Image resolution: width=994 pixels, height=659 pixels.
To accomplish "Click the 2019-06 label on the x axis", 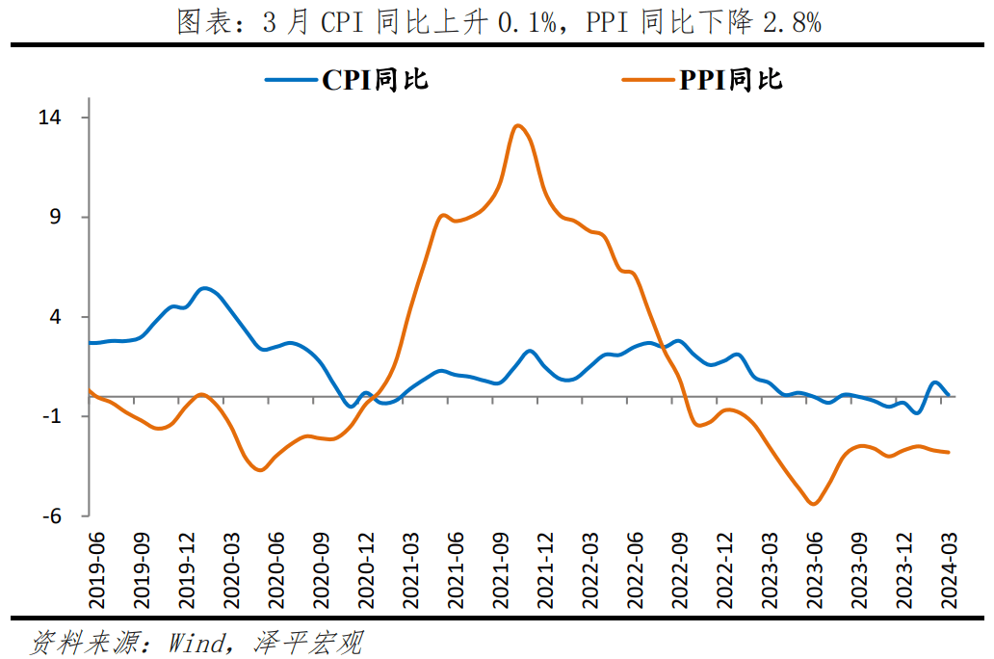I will tap(96, 570).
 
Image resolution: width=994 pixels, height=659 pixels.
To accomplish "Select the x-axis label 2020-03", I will tap(231, 570).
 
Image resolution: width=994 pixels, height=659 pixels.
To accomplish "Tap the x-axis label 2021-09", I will tap(500, 570).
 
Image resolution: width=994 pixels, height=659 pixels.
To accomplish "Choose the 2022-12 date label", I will tap(725, 570).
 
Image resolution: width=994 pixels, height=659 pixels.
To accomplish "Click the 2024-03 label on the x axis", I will tap(950, 570).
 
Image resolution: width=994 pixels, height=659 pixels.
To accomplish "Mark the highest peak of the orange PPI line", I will tap(517, 125).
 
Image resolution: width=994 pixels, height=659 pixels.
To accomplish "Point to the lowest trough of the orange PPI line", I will tap(814, 504).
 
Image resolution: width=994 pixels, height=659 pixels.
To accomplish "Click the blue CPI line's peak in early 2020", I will tap(205, 288).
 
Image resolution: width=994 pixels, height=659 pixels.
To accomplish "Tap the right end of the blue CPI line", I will tap(950, 395).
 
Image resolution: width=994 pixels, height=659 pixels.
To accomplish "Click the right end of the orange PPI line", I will tap(950, 452).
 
